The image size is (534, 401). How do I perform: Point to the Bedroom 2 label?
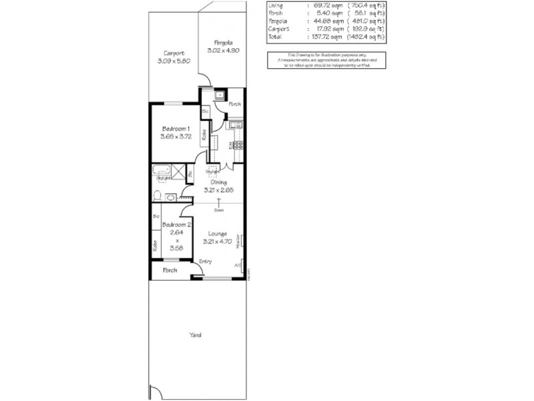click(177, 225)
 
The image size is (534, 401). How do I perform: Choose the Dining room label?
click(218, 182)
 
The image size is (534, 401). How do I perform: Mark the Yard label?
click(195, 335)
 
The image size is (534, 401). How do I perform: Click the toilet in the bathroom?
click(158, 196)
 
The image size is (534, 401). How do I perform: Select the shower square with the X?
click(178, 170)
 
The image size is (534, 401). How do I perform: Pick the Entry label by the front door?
click(206, 261)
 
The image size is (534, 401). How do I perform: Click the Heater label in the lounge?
click(238, 241)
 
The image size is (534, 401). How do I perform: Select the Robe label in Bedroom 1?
click(205, 134)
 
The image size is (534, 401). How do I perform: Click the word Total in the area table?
click(274, 36)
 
